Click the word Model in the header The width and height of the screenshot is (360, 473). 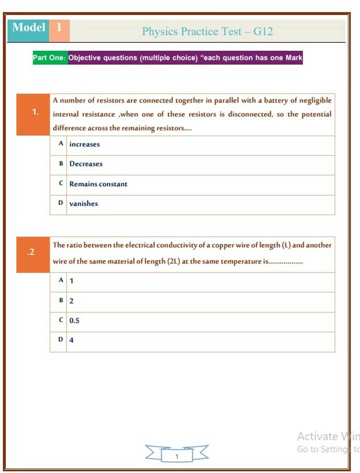click(x=29, y=27)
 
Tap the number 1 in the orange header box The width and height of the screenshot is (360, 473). click(x=59, y=27)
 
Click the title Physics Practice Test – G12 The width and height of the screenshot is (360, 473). click(x=207, y=31)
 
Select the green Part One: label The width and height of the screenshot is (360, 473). click(x=50, y=58)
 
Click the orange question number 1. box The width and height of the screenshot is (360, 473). click(x=33, y=112)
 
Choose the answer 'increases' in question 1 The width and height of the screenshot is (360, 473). click(x=84, y=144)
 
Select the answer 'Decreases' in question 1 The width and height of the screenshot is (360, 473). click(x=86, y=164)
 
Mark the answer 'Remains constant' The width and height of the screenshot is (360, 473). click(x=98, y=184)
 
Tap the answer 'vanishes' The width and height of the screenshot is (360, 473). click(x=83, y=204)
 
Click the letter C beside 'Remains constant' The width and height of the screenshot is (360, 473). click(x=61, y=184)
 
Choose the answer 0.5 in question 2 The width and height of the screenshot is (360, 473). click(x=74, y=321)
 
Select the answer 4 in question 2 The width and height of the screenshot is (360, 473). click(x=71, y=340)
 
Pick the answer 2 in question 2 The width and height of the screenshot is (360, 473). click(x=71, y=301)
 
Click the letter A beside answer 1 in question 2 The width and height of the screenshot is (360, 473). click(x=61, y=280)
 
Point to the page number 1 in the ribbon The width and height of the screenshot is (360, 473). click(x=177, y=456)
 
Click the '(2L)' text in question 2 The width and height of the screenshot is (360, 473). click(x=173, y=262)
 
